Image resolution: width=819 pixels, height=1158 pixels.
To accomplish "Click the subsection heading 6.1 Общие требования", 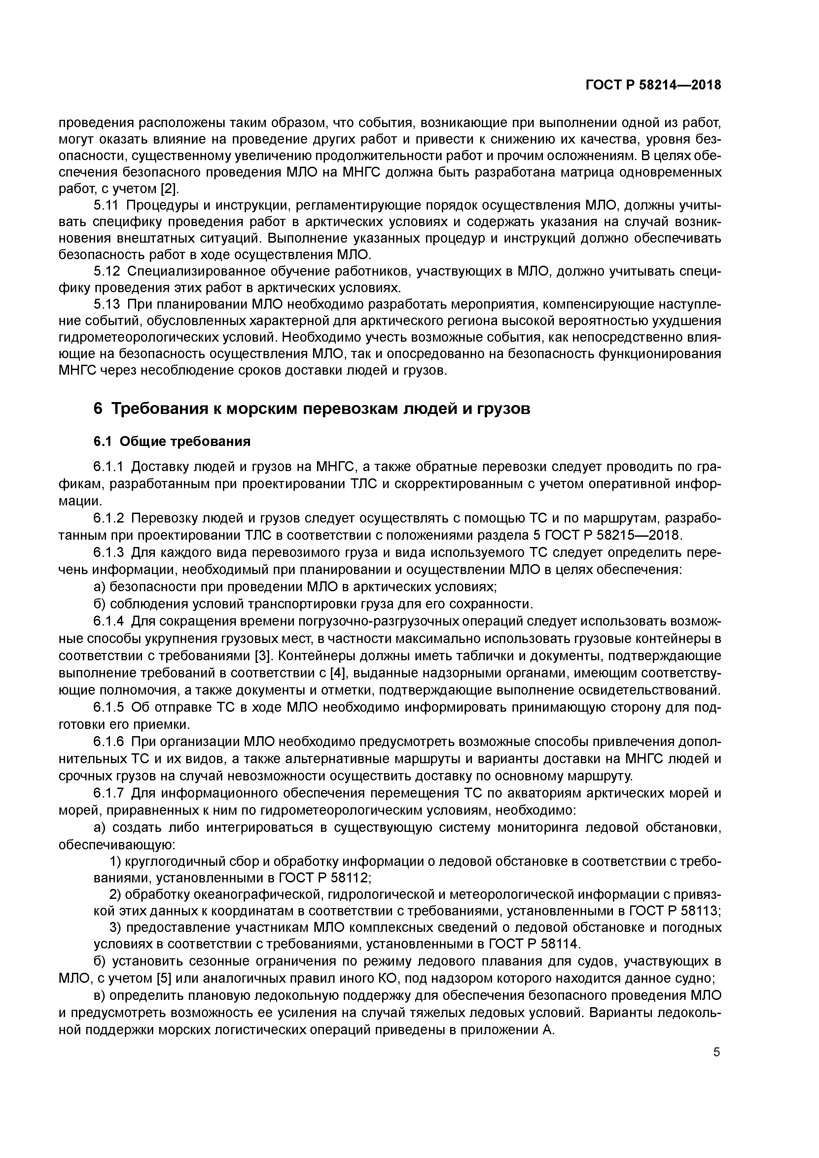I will point(172,442).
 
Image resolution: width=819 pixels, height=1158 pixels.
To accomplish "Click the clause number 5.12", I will point(106,271).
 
